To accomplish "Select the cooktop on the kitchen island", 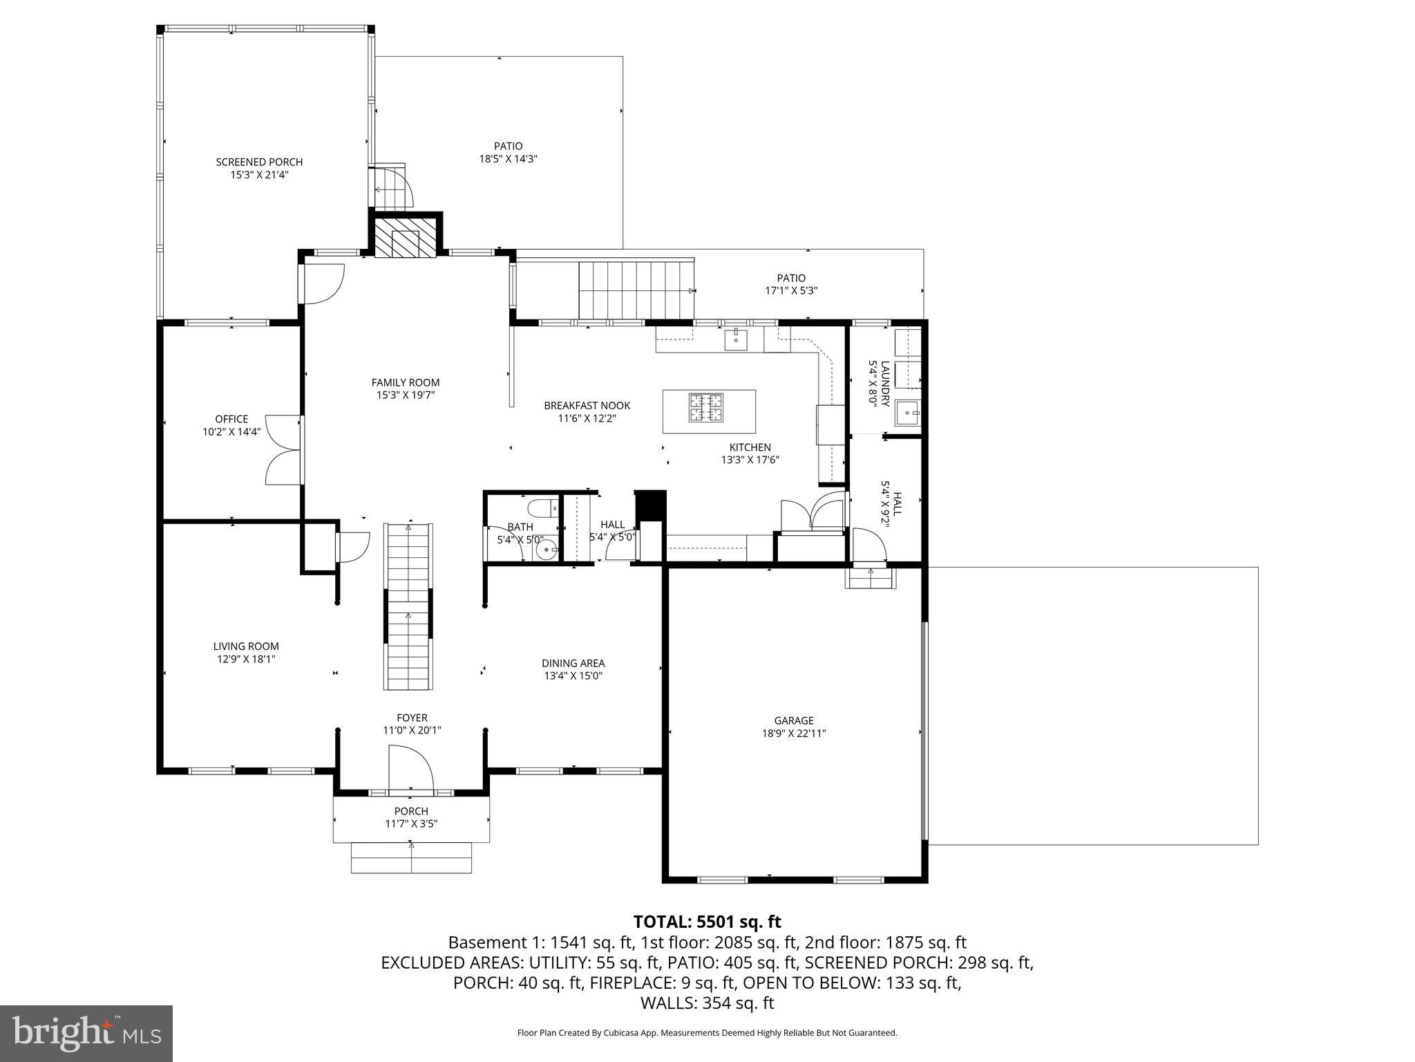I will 705,407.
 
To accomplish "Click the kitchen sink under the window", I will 737,339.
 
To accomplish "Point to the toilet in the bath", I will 542,510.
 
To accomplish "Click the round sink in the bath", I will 547,550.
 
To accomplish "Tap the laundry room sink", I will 907,413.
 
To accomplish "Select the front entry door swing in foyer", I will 411,767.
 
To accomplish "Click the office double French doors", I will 283,449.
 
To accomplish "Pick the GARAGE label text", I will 793,720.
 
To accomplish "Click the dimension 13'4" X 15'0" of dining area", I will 573,676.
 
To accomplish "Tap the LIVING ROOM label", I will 246,646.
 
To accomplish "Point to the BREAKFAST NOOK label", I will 587,406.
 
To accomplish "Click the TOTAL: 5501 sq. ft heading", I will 707,922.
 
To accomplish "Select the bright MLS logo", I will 86,1034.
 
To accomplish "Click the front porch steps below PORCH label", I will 412,858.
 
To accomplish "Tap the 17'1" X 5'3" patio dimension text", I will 791,291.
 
